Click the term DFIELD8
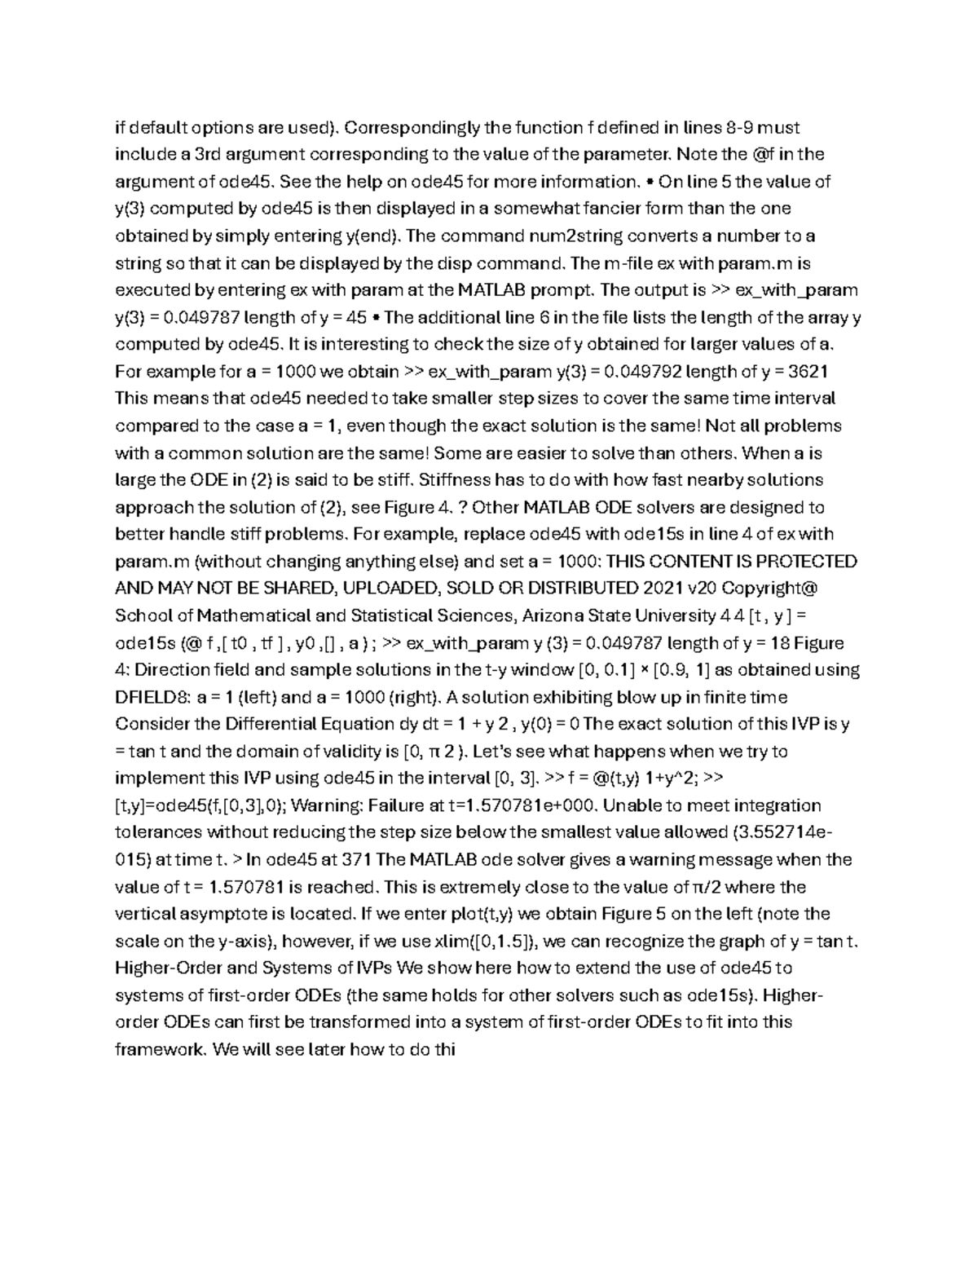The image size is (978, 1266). coord(150,697)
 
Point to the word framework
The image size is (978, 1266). coord(159,1049)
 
